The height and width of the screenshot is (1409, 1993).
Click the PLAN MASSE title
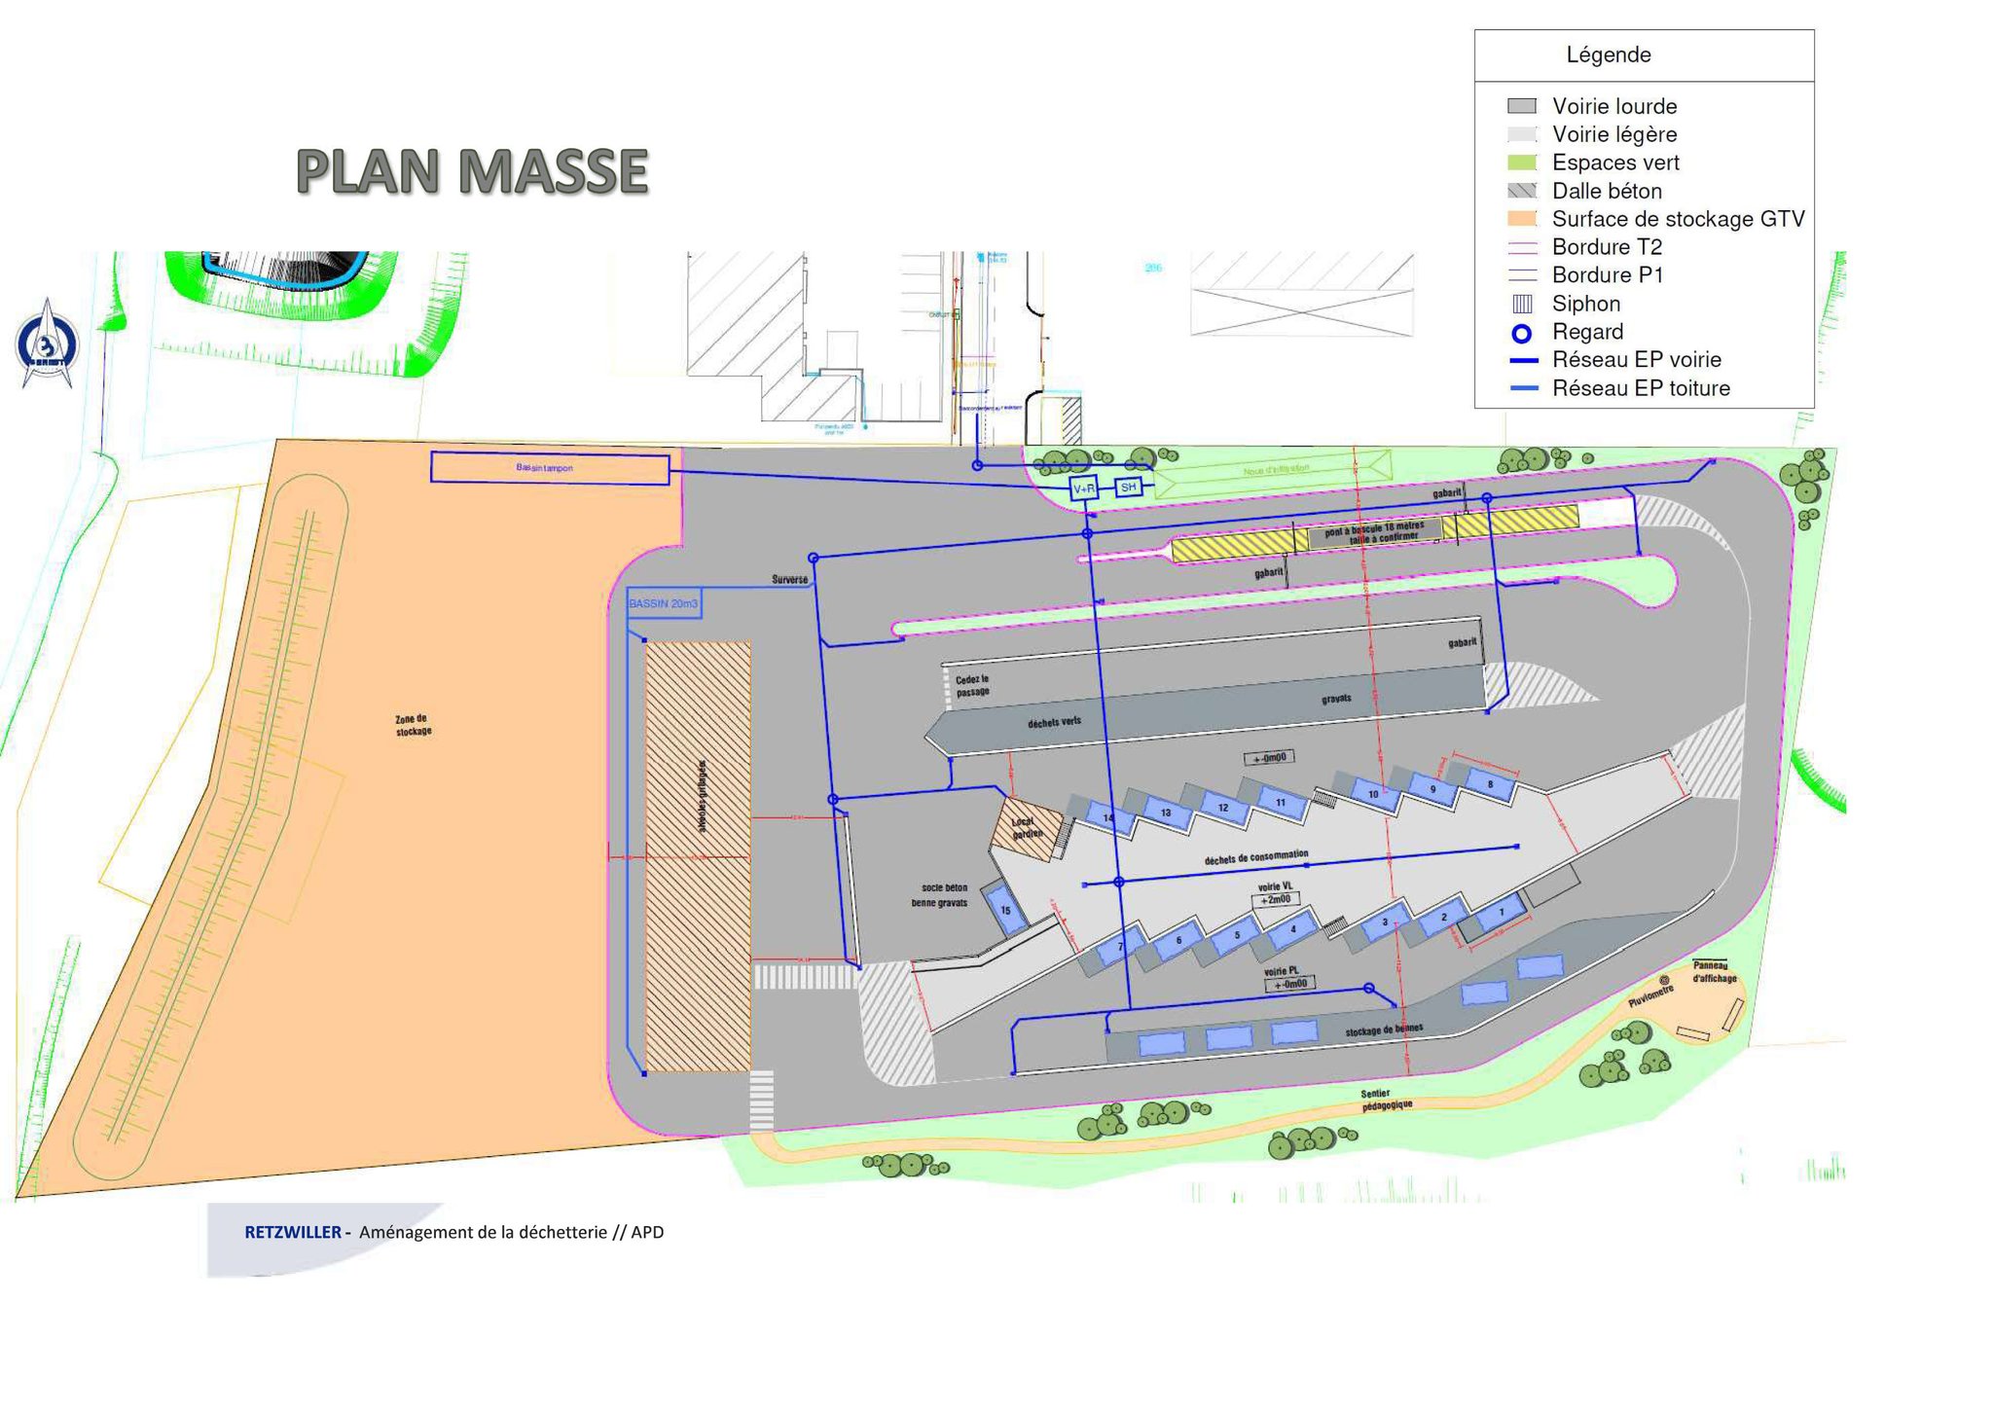point(472,171)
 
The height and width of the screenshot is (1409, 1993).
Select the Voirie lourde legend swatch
point(1521,106)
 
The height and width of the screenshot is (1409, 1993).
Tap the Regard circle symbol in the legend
point(1521,334)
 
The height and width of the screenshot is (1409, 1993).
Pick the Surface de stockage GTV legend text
point(1678,219)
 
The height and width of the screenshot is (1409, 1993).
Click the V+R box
point(1083,488)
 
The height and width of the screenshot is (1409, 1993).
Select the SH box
point(1128,487)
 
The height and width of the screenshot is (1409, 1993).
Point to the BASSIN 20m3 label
point(663,604)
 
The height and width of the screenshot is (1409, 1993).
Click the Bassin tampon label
point(544,468)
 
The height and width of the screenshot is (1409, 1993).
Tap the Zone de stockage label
point(413,725)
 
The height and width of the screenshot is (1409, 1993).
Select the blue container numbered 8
point(1489,784)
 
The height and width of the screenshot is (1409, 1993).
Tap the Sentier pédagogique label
point(1387,1100)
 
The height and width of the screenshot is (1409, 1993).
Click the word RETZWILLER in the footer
point(292,1232)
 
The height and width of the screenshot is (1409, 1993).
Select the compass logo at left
point(47,343)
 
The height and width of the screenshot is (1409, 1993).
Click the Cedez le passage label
point(972,685)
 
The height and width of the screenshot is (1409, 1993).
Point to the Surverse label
point(789,579)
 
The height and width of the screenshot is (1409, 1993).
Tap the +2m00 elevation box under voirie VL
point(1275,900)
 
